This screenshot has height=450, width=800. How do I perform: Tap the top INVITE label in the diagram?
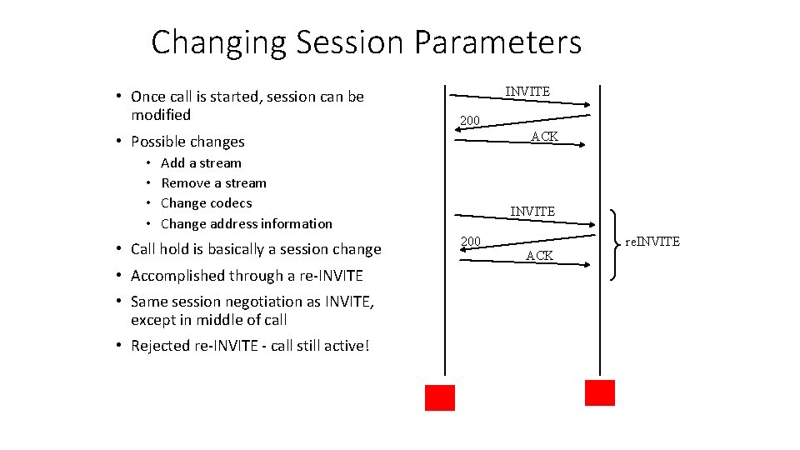click(527, 91)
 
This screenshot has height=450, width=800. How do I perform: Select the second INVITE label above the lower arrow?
click(532, 212)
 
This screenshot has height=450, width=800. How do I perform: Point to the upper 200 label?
click(470, 121)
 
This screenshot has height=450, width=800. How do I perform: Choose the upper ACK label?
click(544, 136)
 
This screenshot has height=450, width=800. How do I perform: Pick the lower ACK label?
click(539, 256)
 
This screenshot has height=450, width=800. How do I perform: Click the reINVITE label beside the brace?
click(652, 242)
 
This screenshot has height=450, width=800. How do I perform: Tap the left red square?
click(440, 397)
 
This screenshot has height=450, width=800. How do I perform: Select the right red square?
click(599, 392)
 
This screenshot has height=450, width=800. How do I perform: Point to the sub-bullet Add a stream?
click(201, 163)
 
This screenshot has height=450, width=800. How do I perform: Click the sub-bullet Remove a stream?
click(213, 183)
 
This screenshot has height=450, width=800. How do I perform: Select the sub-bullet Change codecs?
click(206, 203)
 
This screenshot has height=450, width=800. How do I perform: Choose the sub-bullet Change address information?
click(246, 223)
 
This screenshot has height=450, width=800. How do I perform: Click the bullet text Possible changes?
click(187, 142)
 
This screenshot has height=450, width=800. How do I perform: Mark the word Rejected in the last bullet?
click(160, 346)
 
